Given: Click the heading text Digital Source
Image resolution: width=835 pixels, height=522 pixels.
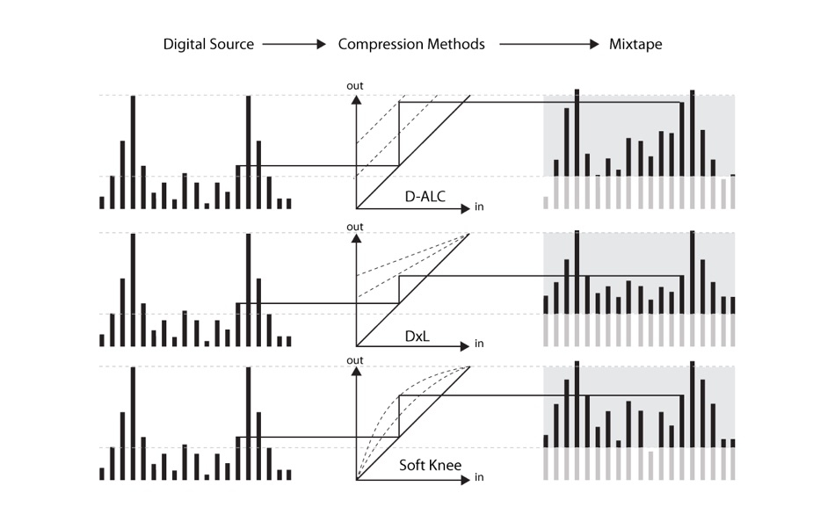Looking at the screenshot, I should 208,44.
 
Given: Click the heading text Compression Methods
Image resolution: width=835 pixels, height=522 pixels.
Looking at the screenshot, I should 411,44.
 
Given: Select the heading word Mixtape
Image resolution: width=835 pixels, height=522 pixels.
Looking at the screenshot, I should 635,44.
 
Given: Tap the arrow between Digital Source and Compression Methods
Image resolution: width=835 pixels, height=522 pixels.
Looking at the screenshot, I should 294,44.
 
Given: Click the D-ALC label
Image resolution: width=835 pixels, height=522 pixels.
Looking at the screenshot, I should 425,197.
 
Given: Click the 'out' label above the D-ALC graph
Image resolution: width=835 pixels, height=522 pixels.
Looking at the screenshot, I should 355,85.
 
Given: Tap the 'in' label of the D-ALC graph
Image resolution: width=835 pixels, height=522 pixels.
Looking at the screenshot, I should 479,207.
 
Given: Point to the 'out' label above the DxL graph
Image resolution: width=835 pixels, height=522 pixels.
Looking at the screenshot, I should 355,226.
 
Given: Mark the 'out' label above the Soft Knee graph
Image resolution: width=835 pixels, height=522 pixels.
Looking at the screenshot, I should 355,360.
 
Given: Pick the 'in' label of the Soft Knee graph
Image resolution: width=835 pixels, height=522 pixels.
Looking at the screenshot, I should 479,478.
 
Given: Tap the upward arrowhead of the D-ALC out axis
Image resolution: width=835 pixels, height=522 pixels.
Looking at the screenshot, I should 356,99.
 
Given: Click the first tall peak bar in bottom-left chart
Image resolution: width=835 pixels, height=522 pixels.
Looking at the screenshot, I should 134,423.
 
